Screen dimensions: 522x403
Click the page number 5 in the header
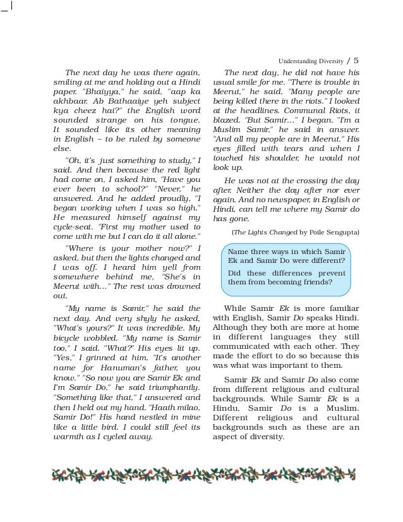tap(356, 61)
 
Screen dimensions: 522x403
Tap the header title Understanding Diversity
tap(310, 61)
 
